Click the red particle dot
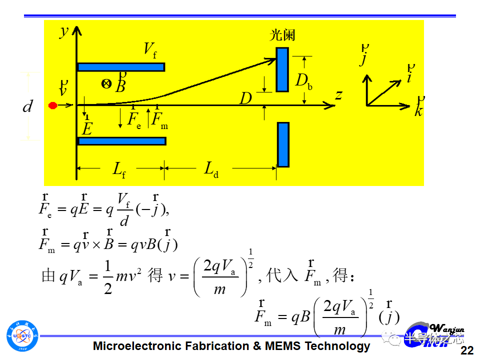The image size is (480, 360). [52, 105]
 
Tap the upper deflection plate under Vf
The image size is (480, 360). [120, 66]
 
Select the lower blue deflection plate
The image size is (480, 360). [121, 141]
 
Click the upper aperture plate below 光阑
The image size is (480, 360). [282, 69]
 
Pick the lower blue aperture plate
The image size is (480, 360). [283, 144]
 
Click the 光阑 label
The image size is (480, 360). [282, 34]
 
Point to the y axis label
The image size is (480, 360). [63, 31]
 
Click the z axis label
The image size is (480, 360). [338, 94]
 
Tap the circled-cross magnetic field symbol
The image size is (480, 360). [106, 84]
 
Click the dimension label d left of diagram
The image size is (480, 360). [28, 106]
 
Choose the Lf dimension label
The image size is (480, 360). [118, 169]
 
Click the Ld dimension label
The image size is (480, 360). [211, 169]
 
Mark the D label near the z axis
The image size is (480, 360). [245, 98]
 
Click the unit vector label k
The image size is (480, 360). [418, 110]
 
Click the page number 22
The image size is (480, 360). [466, 350]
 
